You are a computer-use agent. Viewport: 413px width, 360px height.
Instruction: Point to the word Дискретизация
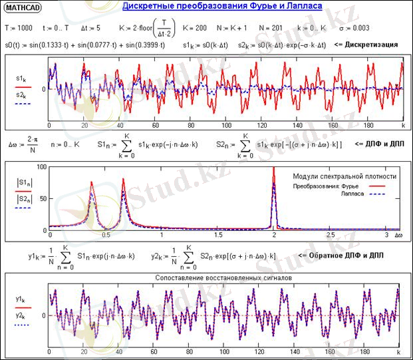pyautogui.click(x=372, y=45)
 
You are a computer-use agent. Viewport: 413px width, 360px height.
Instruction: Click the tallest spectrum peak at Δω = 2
pyautogui.click(x=273, y=170)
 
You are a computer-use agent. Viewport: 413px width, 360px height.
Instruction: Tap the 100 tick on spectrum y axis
pyautogui.click(x=41, y=167)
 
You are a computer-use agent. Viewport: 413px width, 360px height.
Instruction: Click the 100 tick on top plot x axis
pyautogui.click(x=226, y=125)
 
